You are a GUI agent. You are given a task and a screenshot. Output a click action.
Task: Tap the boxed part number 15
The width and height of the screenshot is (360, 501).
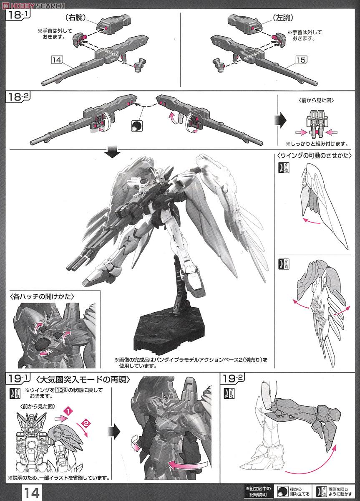click(x=301, y=60)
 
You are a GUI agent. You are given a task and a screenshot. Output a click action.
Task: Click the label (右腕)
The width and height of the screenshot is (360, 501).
click(x=72, y=18)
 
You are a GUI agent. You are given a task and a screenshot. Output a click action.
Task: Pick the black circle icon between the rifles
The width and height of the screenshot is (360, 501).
click(x=136, y=126)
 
